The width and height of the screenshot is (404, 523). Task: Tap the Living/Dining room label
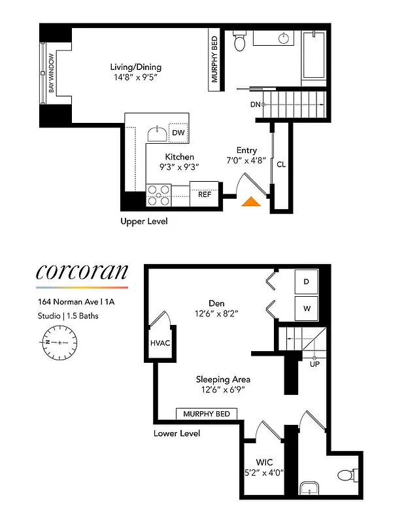[x=135, y=67]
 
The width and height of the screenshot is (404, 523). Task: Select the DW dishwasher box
[x=178, y=133]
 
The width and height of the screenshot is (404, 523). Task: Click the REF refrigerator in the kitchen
[x=204, y=194]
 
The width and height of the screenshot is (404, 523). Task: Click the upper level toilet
[x=239, y=43]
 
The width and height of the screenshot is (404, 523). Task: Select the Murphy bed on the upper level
[x=214, y=60]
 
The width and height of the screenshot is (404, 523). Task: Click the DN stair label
[x=255, y=104]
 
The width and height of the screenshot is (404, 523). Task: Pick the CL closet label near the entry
[x=280, y=164]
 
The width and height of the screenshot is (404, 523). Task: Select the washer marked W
[x=307, y=308]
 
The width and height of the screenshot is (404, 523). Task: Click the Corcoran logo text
[x=81, y=271]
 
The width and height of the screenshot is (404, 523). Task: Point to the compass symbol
[x=59, y=342]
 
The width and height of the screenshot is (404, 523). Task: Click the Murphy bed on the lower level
[x=207, y=414]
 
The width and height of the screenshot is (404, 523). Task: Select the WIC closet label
[x=265, y=462]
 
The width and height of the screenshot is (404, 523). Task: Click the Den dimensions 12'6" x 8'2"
[x=216, y=313]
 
